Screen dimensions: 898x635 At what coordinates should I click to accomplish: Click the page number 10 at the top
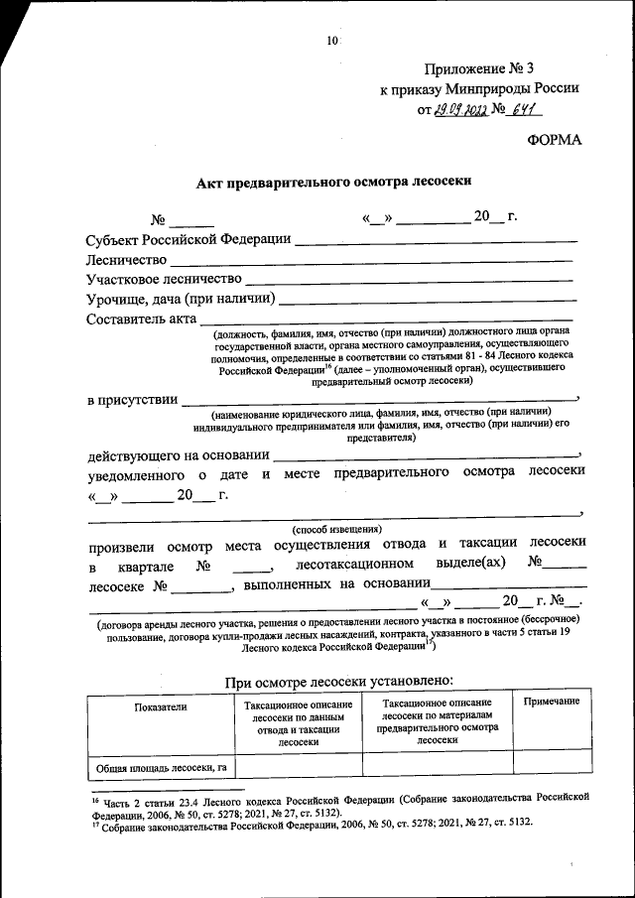[x=331, y=41]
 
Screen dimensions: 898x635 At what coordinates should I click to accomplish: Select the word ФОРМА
[x=555, y=140]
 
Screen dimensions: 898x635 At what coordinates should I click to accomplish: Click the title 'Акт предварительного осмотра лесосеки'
[x=332, y=182]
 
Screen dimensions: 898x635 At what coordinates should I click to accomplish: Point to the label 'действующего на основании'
[x=178, y=455]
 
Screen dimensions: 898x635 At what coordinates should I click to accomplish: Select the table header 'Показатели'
[x=159, y=706]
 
